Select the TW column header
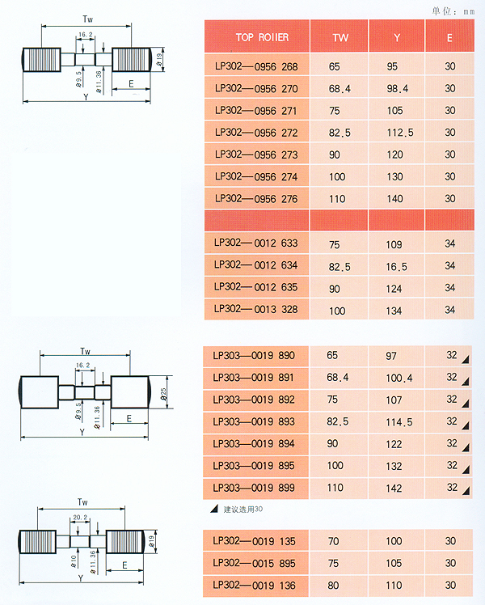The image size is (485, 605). (340, 38)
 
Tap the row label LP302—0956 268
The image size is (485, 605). (256, 66)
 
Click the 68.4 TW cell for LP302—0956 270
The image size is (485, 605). (339, 89)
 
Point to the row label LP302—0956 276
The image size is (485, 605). (256, 199)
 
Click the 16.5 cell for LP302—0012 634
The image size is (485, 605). (396, 267)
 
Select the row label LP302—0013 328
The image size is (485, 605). (256, 309)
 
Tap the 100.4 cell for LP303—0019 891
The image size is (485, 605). (399, 378)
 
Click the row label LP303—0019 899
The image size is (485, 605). (254, 488)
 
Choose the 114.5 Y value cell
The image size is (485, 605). (399, 422)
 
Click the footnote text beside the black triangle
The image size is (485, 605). (242, 510)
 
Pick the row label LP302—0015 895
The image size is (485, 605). (254, 563)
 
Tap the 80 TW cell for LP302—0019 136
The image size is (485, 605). (334, 586)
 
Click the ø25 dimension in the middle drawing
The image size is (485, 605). (164, 394)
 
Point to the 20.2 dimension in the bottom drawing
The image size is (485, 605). (80, 517)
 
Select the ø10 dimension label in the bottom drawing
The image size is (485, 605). (74, 561)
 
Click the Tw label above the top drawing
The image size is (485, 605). (88, 19)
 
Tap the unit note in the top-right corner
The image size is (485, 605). (453, 11)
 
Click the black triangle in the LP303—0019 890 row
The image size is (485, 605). (466, 360)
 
